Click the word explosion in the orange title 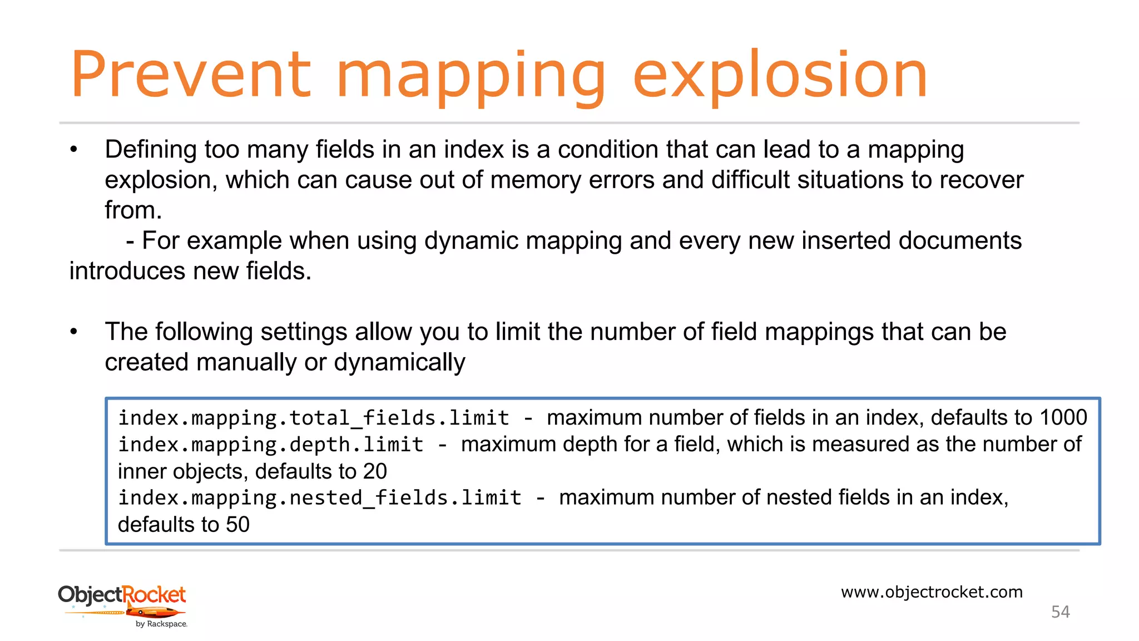780,75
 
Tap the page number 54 1060,612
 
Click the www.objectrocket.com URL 932,591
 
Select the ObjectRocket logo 122,604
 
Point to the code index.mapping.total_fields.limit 314,418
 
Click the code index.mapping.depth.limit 271,445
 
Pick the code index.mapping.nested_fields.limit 320,497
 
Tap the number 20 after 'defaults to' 375,471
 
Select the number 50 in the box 237,524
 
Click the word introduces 127,271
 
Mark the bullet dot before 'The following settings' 74,332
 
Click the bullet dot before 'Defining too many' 74,150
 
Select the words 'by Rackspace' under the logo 161,624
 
